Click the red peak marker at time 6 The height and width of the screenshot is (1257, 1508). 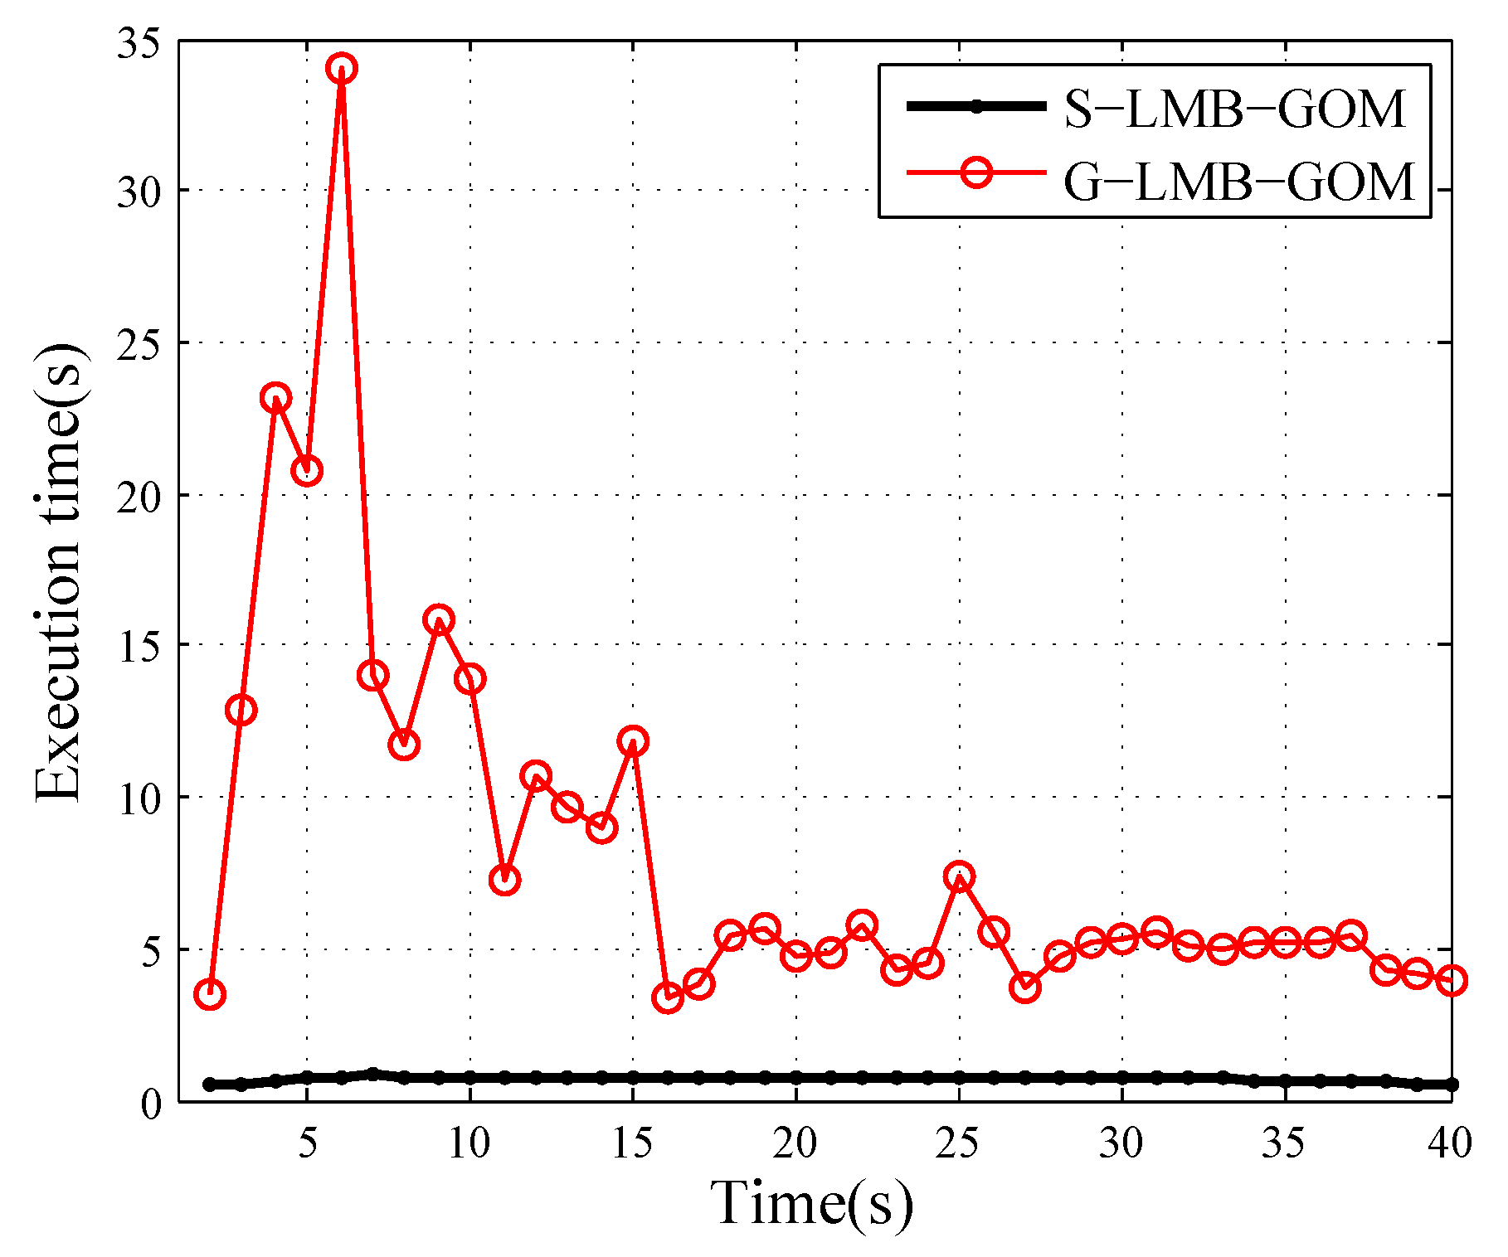click(x=341, y=68)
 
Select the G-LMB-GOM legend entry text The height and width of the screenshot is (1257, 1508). click(x=1238, y=182)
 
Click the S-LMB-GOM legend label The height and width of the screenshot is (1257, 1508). click(x=1234, y=109)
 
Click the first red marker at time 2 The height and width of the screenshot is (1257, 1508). click(x=210, y=994)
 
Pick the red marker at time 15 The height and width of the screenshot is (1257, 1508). click(x=633, y=740)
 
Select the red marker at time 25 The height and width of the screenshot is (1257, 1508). click(x=959, y=876)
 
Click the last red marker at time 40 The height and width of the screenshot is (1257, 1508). click(x=1451, y=980)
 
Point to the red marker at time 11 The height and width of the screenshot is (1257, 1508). click(x=504, y=880)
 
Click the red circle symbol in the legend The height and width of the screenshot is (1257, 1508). click(x=977, y=172)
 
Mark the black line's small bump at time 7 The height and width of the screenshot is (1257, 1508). click(x=372, y=1074)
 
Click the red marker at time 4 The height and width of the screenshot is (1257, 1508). click(x=275, y=398)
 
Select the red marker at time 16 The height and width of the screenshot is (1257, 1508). click(x=667, y=997)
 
